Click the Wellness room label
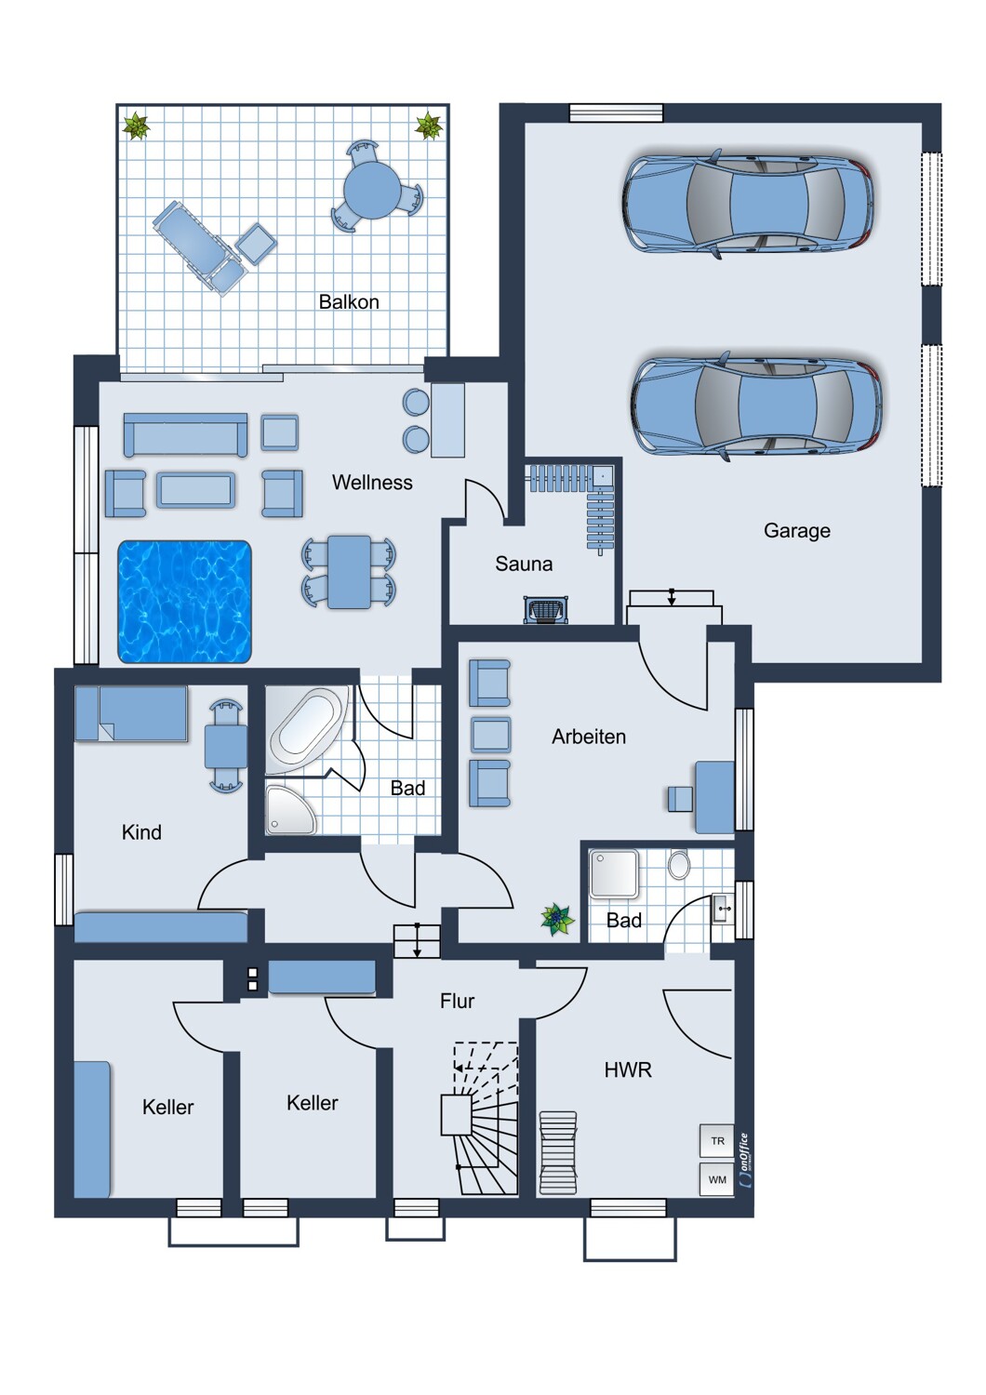[372, 482]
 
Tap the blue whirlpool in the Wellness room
[184, 601]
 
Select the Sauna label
[524, 564]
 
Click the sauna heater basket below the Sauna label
[546, 610]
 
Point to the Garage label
[796, 531]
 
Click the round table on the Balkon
[372, 190]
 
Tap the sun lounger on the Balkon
[197, 247]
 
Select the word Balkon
[349, 302]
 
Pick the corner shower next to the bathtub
[289, 810]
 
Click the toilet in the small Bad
[679, 864]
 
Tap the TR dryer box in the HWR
[717, 1141]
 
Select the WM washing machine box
[717, 1179]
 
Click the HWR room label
[628, 1069]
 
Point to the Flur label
[457, 1001]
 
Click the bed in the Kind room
[131, 713]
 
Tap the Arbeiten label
[589, 737]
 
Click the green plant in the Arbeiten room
[557, 920]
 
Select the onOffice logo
[744, 1160]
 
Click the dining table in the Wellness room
[349, 572]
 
